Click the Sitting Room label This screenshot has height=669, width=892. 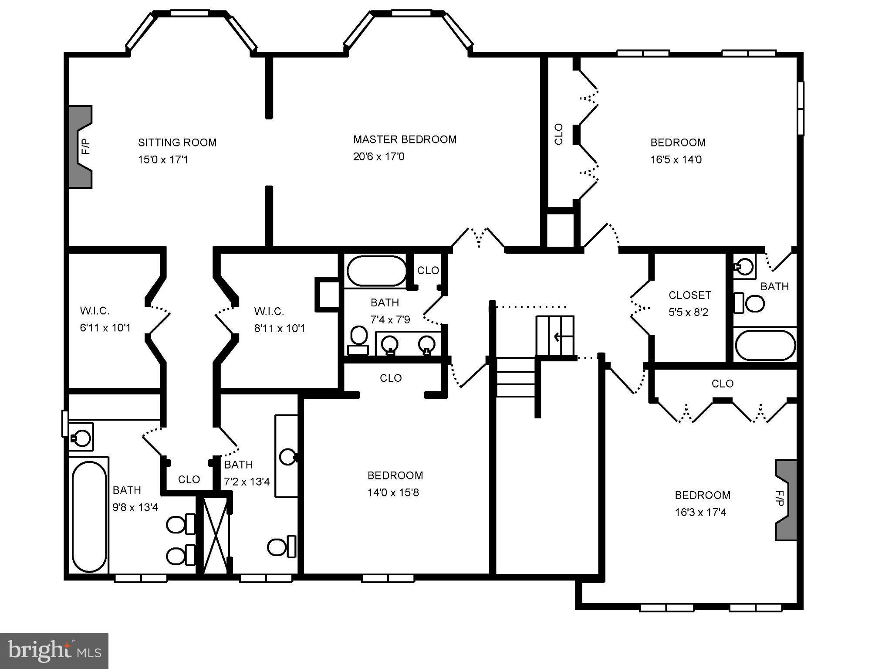click(x=177, y=143)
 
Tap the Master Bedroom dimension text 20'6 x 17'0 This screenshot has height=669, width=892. click(x=378, y=156)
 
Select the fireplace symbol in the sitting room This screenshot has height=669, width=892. click(x=81, y=147)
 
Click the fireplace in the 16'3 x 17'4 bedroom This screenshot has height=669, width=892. click(x=786, y=500)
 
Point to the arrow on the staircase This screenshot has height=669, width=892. click(x=557, y=336)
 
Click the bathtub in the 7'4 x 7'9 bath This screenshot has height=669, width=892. click(x=377, y=271)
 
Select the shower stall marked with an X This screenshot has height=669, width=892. click(x=216, y=536)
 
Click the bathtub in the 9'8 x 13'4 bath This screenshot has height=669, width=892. click(x=89, y=516)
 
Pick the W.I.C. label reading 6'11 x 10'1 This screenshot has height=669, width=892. click(x=95, y=311)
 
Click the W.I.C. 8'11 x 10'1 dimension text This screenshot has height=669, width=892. click(x=280, y=328)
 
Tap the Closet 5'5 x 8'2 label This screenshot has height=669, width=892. click(x=689, y=295)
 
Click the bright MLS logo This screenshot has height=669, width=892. click(x=54, y=651)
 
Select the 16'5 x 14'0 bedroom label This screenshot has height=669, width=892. click(x=678, y=143)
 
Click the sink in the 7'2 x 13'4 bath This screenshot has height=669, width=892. click(x=288, y=457)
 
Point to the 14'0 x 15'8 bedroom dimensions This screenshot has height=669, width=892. click(x=393, y=492)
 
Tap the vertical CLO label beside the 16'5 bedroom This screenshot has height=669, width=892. click(x=559, y=134)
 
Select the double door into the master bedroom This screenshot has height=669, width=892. click(x=478, y=239)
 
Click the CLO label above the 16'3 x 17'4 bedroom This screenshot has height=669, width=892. click(x=722, y=384)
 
